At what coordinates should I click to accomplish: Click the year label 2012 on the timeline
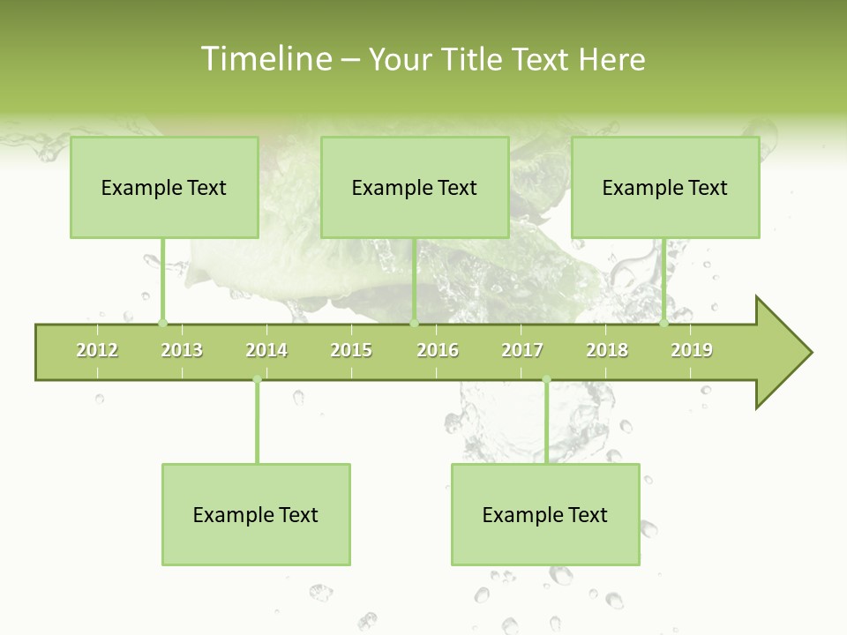[x=97, y=350]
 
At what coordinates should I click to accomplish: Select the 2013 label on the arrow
[x=182, y=350]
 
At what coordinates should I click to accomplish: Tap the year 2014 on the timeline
[x=266, y=350]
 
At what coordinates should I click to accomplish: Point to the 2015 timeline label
[x=351, y=350]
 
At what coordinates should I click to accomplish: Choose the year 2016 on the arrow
[x=438, y=350]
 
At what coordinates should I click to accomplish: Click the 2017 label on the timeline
[x=522, y=350]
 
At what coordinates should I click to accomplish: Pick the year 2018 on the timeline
[x=607, y=350]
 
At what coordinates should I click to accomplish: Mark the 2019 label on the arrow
[x=692, y=350]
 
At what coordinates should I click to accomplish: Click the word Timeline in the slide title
[x=266, y=59]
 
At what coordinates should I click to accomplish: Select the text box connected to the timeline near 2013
[x=164, y=187]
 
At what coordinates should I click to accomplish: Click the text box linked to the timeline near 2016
[x=415, y=187]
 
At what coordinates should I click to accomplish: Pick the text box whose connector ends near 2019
[x=665, y=187]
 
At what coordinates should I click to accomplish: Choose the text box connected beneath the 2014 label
[x=256, y=514]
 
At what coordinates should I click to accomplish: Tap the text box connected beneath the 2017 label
[x=545, y=514]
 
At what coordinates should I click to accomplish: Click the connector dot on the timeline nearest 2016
[x=415, y=323]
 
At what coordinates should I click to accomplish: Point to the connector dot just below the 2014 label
[x=257, y=380]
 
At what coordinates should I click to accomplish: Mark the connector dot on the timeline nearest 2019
[x=664, y=323]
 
